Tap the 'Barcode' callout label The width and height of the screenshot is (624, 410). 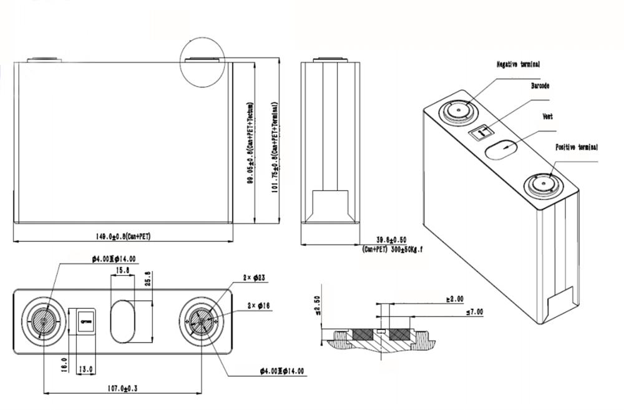coord(540,85)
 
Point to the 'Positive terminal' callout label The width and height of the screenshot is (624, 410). coord(577,147)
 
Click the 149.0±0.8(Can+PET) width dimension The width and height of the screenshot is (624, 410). coord(124,237)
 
